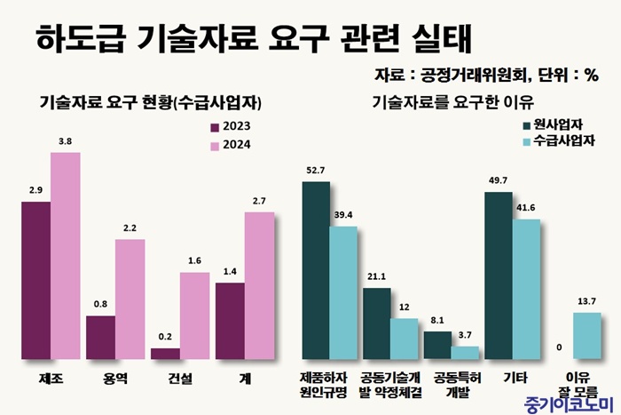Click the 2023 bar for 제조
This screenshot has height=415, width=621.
click(35, 281)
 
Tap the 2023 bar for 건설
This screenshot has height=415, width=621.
click(165, 354)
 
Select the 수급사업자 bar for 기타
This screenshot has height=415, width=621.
click(526, 289)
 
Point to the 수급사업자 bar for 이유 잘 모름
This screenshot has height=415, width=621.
click(587, 336)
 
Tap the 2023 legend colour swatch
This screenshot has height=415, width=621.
click(214, 126)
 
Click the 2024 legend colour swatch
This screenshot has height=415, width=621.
click(214, 145)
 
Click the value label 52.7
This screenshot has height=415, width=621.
click(315, 171)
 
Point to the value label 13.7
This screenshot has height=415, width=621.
click(587, 301)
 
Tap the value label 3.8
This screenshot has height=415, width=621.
click(65, 141)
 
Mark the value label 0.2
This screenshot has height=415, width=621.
click(165, 337)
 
